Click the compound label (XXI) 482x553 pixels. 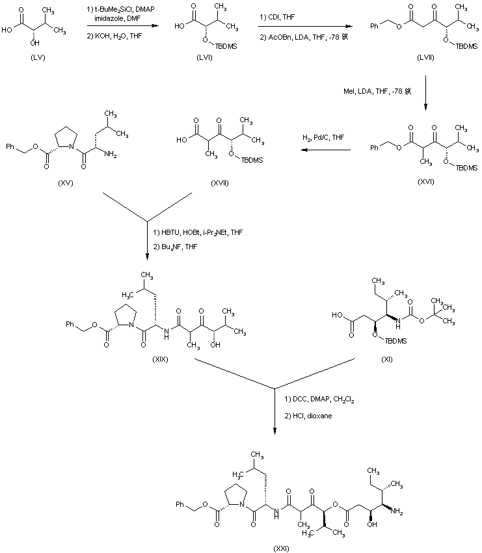coord(279,548)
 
